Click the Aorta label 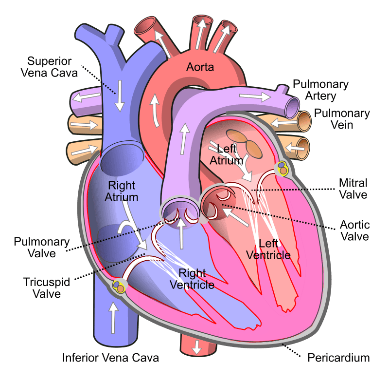click(200, 67)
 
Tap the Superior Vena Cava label click(49, 67)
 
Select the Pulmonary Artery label click(320, 90)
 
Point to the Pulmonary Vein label click(342, 119)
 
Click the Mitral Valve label click(353, 189)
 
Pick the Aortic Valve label click(355, 230)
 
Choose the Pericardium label click(338, 358)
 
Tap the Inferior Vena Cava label click(110, 358)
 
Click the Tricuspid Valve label click(47, 288)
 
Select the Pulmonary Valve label click(42, 248)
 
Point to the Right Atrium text click(121, 191)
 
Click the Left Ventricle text click(268, 249)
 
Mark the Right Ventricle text click(192, 279)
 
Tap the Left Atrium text click(226, 154)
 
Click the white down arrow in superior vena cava click(120, 96)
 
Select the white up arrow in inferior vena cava click(113, 317)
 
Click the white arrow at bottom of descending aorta click(197, 347)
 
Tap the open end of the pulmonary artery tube click(292, 108)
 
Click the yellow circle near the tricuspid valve click(118, 286)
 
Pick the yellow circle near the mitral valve click(283, 168)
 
